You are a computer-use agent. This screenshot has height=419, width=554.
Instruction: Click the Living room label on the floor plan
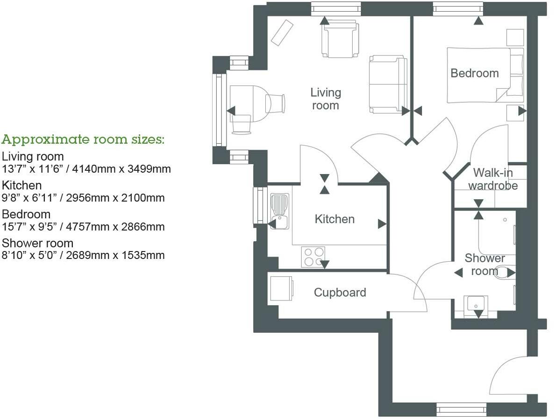click(x=326, y=99)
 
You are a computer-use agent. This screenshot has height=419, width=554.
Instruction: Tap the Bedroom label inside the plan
click(x=475, y=73)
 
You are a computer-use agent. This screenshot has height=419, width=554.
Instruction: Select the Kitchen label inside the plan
click(x=334, y=219)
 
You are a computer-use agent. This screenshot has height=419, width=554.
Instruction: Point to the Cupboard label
click(x=340, y=292)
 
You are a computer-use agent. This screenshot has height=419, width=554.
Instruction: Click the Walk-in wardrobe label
click(x=493, y=179)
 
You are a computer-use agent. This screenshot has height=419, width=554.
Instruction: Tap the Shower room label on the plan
click(x=484, y=265)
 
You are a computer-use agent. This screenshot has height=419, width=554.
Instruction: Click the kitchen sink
click(x=279, y=211)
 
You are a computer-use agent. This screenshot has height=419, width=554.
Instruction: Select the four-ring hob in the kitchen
click(x=313, y=257)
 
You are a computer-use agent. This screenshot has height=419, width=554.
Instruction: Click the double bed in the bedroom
click(x=485, y=75)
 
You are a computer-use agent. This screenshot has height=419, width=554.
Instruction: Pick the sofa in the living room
click(x=388, y=84)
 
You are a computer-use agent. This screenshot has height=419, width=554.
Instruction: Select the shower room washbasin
click(x=476, y=304)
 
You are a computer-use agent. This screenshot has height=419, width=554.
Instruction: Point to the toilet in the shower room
click(x=504, y=272)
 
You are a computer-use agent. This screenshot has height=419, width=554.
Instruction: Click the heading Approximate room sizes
click(x=83, y=140)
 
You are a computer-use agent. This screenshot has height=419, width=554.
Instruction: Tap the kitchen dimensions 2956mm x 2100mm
click(x=115, y=198)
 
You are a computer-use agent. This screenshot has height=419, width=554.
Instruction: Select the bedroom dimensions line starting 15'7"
click(x=83, y=227)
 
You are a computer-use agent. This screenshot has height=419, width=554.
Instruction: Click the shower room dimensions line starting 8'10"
click(x=83, y=255)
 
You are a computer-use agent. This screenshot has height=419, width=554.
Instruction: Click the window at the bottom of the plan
click(x=460, y=409)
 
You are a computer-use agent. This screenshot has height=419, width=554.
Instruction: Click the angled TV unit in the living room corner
click(x=282, y=32)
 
